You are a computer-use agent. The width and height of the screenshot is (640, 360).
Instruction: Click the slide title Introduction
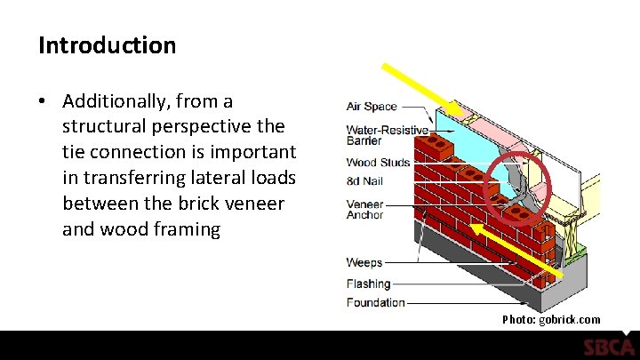[107, 45]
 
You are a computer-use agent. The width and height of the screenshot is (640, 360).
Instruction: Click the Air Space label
[372, 107]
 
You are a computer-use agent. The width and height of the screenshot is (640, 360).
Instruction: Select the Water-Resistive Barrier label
[387, 135]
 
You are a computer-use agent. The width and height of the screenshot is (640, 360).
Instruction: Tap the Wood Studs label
[379, 163]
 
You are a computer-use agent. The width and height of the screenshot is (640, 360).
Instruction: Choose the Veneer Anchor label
[364, 210]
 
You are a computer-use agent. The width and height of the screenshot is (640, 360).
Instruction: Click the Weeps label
[364, 262]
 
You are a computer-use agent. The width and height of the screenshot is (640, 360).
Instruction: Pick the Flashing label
[369, 284]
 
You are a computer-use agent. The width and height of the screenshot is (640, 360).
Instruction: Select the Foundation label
[375, 303]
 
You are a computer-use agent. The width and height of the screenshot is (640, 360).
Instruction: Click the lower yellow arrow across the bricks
[516, 249]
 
